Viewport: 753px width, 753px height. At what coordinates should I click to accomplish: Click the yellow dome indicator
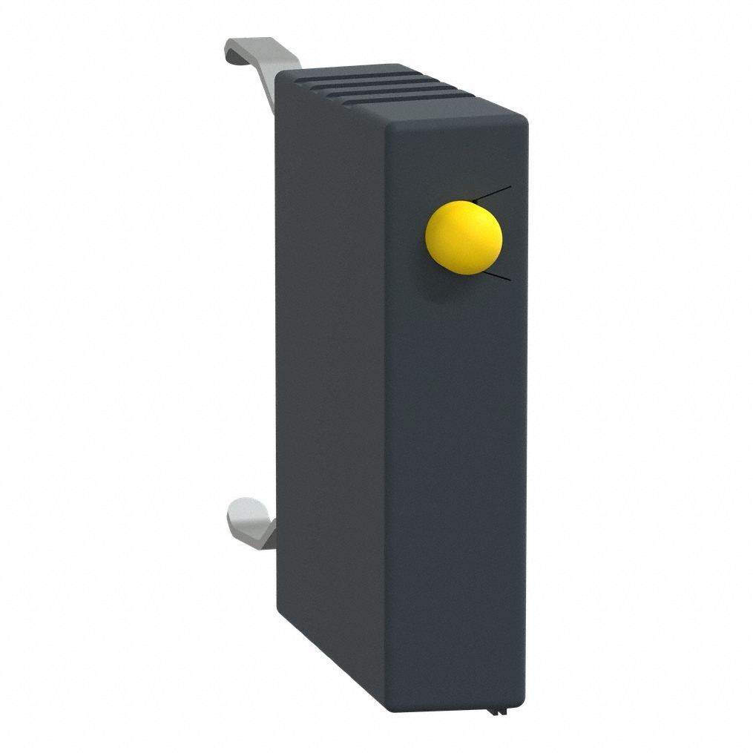(x=464, y=237)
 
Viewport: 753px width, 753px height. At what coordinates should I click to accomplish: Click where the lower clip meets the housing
(x=273, y=528)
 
